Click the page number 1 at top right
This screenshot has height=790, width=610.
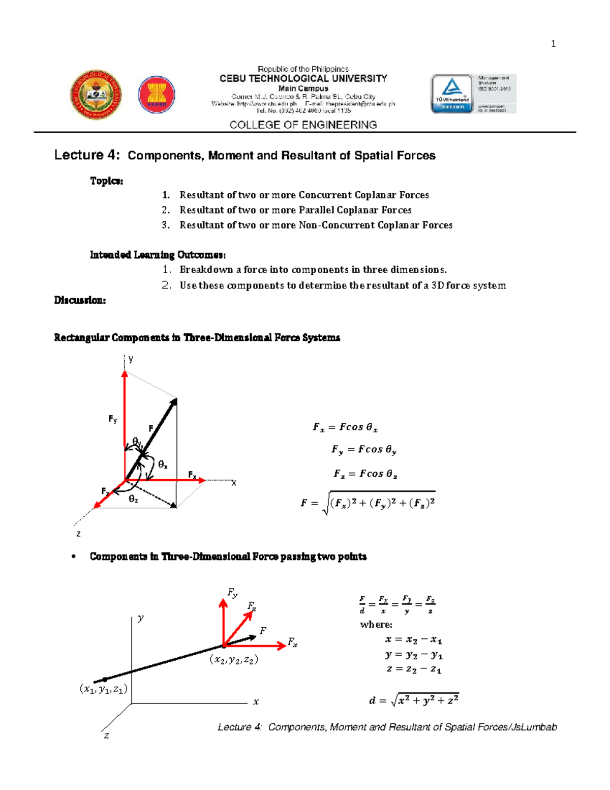(x=553, y=44)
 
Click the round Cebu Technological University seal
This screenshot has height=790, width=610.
(x=96, y=95)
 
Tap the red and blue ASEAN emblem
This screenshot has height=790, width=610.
(x=157, y=95)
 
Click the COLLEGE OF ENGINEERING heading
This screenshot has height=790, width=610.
(x=303, y=125)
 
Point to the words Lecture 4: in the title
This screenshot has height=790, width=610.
(x=87, y=155)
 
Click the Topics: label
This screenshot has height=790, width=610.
(x=106, y=181)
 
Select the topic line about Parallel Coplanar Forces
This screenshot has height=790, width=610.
(x=295, y=210)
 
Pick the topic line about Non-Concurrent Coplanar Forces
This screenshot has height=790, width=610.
(x=315, y=225)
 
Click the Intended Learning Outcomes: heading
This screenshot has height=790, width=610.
(x=158, y=255)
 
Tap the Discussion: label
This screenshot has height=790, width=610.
(x=80, y=300)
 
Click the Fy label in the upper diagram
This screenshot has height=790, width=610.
(x=113, y=419)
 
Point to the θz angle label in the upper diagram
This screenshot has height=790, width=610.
(x=133, y=500)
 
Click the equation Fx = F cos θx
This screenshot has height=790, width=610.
(x=345, y=427)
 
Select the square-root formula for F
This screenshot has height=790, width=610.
(x=368, y=503)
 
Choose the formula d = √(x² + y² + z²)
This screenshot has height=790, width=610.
(x=414, y=700)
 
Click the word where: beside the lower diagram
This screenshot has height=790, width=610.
(x=376, y=624)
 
